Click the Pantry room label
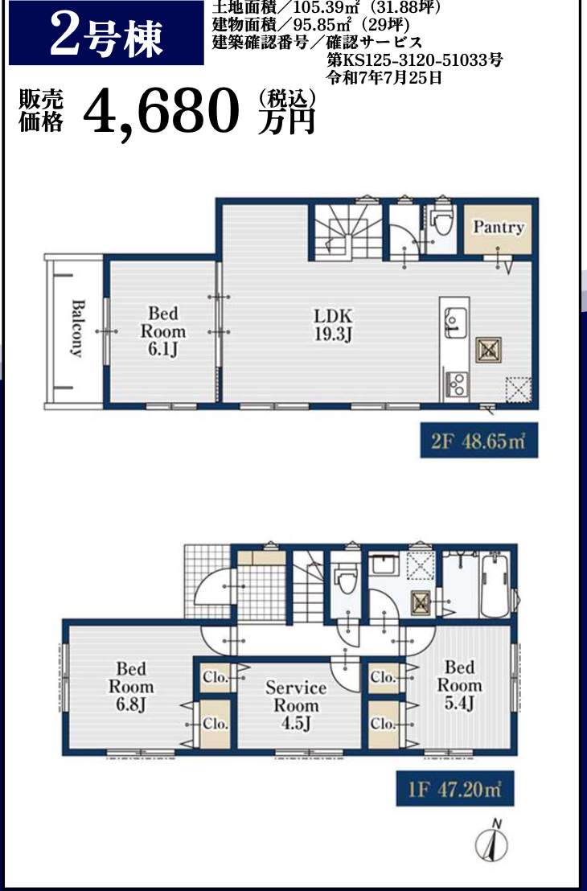[499, 228]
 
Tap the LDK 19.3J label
[334, 324]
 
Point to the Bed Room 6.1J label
[163, 331]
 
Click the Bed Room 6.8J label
[131, 686]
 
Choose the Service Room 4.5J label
[296, 705]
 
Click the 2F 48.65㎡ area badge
[479, 441]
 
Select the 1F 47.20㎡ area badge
[454, 789]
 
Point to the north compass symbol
[491, 840]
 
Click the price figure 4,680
[162, 111]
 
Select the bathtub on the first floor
[495, 585]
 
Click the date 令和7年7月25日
[384, 76]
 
